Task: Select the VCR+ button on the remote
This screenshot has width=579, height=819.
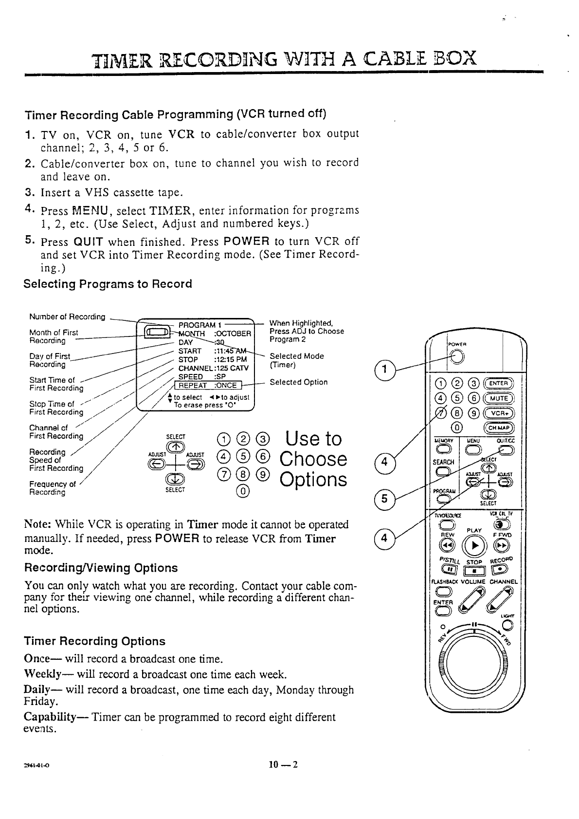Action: [495, 414]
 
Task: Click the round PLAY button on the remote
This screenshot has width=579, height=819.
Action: [474, 543]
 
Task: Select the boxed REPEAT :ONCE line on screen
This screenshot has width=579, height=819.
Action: [207, 386]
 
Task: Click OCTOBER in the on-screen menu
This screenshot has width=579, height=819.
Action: [233, 334]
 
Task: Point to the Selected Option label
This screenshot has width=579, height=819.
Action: [298, 382]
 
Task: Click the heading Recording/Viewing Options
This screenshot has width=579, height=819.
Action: [101, 568]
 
